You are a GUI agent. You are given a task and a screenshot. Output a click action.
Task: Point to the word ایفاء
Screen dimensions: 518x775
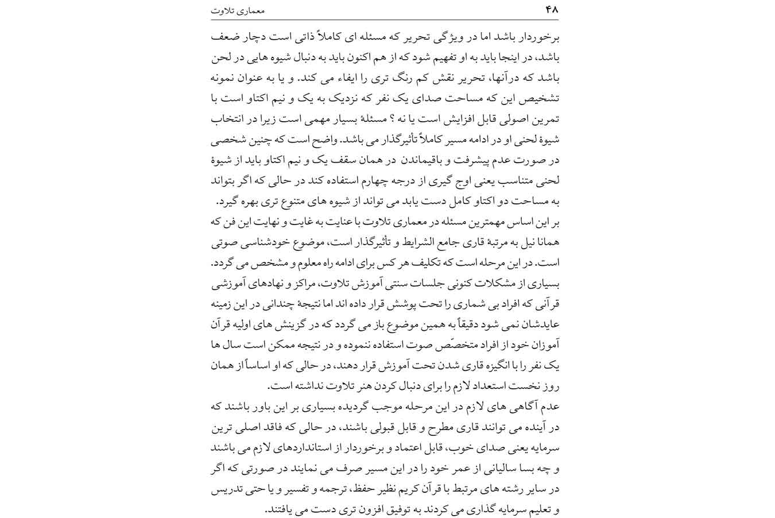tap(351, 78)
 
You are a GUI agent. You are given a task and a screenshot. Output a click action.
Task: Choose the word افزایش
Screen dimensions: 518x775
tap(439, 119)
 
